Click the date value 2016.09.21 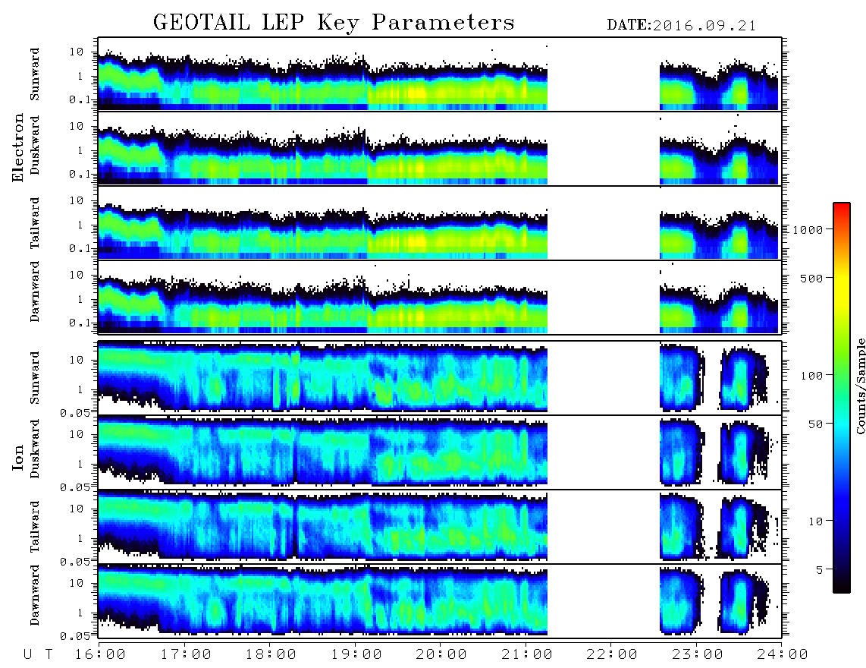coord(704,26)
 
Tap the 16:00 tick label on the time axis coord(101,654)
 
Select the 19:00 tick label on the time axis coord(356,654)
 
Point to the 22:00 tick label coord(612,654)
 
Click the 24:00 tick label coord(783,654)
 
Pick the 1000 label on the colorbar coord(808,229)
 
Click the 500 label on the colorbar coord(811,278)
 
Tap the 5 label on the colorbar coord(819,569)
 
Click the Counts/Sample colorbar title coord(860,386)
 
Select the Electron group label coord(17,148)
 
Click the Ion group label coord(17,457)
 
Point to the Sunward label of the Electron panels coord(35,74)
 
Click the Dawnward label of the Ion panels coord(35,595)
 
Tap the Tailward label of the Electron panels coord(35,222)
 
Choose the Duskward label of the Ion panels coord(35,449)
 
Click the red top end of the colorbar coord(841,206)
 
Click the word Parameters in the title coord(443,23)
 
